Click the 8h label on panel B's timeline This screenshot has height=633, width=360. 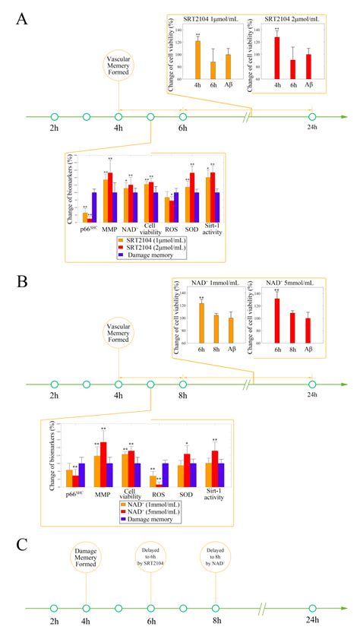coord(183,396)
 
